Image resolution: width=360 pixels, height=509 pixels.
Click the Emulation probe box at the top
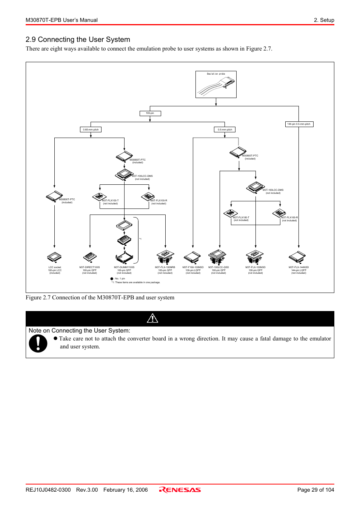click(216, 84)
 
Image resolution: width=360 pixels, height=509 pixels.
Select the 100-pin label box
click(150, 113)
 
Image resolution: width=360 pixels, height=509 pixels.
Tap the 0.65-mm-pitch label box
click(91, 130)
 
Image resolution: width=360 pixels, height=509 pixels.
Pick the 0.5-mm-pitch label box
click(225, 130)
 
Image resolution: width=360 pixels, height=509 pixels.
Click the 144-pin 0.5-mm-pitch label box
click(299, 124)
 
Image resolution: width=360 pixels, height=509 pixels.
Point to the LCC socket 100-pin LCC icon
click(54, 258)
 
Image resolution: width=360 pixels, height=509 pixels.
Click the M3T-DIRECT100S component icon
click(90, 258)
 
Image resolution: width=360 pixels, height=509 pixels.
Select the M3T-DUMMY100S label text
click(124, 267)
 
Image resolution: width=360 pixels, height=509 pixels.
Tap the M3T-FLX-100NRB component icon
click(165, 257)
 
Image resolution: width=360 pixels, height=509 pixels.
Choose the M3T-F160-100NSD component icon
click(192, 258)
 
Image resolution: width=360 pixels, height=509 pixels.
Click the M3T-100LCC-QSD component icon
click(218, 257)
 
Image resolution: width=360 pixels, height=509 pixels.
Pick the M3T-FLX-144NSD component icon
click(297, 257)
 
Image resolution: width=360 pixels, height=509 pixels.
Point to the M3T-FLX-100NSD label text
click(255, 267)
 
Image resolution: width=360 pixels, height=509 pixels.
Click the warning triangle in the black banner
click(152, 319)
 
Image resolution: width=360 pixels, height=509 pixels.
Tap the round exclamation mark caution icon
click(38, 343)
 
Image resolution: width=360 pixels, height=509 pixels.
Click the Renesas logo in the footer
click(180, 490)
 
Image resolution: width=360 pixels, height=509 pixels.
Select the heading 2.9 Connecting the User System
click(78, 40)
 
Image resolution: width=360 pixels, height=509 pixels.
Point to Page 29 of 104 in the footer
click(315, 490)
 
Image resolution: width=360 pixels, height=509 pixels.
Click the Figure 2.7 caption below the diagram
click(100, 297)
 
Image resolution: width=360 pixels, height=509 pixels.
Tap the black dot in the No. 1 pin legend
click(112, 279)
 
